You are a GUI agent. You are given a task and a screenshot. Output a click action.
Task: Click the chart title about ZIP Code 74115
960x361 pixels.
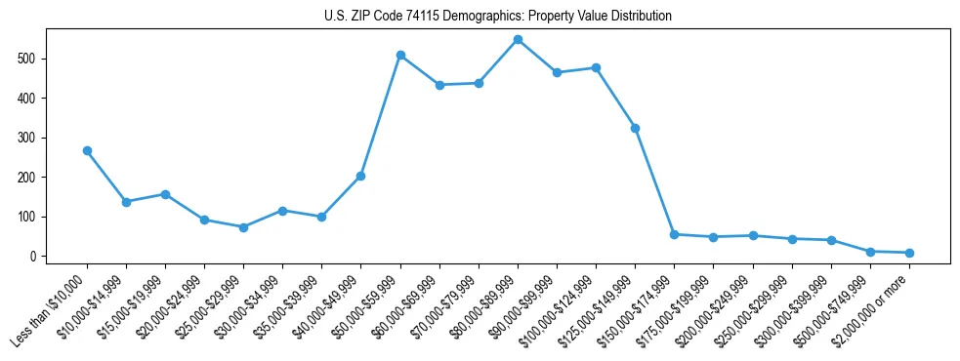(497, 17)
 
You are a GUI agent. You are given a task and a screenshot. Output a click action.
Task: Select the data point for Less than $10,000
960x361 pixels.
(87, 151)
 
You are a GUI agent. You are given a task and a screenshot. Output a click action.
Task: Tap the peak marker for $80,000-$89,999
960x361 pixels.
(518, 40)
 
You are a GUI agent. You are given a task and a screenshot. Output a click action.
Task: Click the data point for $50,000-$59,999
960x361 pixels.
(400, 56)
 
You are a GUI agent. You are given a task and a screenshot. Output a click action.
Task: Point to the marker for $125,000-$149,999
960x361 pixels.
(635, 128)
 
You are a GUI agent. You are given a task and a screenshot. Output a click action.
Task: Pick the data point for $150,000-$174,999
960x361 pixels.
(674, 234)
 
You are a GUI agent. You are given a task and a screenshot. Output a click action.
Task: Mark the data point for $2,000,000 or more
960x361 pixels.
(909, 253)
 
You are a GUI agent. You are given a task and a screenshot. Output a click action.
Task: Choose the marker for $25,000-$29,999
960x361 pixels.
(243, 227)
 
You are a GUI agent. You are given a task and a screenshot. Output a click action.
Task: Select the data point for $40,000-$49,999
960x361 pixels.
(361, 177)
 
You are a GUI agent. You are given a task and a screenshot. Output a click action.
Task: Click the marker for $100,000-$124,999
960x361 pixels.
(596, 67)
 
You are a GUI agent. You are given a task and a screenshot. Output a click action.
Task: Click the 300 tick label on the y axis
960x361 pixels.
(33, 138)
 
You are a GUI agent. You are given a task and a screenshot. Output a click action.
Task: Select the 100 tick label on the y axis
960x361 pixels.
(33, 217)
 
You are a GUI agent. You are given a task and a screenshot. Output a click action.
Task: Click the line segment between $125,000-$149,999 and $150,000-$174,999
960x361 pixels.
(654, 181)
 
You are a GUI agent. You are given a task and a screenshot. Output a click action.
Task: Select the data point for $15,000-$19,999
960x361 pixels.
(165, 194)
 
